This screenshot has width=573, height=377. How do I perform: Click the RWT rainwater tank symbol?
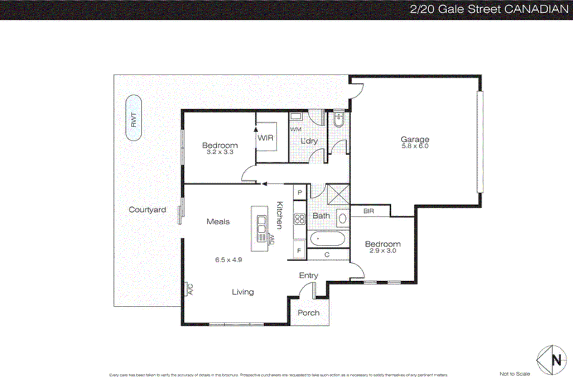pos(134,118)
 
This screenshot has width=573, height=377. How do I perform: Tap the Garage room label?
pos(415,139)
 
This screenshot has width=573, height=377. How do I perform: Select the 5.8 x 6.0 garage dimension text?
pos(415,146)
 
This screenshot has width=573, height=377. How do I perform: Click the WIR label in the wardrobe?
pos(265,138)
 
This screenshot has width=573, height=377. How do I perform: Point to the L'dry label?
pos(309,141)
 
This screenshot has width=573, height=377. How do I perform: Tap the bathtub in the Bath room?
pos(327,239)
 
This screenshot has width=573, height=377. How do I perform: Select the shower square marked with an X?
pos(338,195)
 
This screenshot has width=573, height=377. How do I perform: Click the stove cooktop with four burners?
pos(299,219)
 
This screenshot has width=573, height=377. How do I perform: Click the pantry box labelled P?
pos(299,192)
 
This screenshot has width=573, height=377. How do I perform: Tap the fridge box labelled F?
pos(299,250)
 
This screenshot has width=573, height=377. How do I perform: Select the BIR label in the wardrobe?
pos(369,211)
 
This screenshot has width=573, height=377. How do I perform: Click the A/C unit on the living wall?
pos(187,289)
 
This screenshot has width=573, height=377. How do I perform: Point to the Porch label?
pos(308,313)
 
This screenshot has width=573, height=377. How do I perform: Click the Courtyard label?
pos(147,210)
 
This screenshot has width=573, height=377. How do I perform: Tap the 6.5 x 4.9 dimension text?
pos(228,260)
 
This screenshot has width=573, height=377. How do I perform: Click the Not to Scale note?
pos(515,374)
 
